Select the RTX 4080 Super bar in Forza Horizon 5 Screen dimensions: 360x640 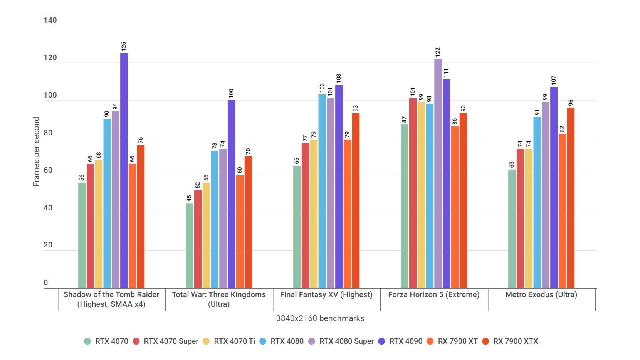tap(438, 173)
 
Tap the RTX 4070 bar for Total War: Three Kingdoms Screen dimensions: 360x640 tap(189, 246)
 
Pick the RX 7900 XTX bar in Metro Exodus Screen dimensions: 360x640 tap(571, 198)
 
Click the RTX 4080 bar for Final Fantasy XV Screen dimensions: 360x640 tap(322, 191)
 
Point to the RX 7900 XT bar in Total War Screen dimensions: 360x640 tap(240, 232)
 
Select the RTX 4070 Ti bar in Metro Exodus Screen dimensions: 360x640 tap(529, 218)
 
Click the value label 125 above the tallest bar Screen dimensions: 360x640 tap(124, 47)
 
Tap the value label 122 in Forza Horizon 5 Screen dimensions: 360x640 tap(438, 52)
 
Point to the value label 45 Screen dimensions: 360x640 tap(189, 198)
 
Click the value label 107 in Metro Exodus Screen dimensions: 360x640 tap(554, 81)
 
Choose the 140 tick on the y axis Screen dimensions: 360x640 tap(50, 20)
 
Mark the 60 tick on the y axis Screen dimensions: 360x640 tap(48, 170)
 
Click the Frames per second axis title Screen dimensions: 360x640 tap(36, 151)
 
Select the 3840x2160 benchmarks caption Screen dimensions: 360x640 tap(320, 318)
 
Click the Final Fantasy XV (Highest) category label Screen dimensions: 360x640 tap(326, 295)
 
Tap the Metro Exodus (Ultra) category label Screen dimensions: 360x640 tap(541, 295)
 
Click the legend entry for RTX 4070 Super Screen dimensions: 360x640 tap(171, 341)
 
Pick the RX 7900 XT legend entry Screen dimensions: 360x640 tap(457, 341)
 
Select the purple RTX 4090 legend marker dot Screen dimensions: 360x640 tap(381, 341)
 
